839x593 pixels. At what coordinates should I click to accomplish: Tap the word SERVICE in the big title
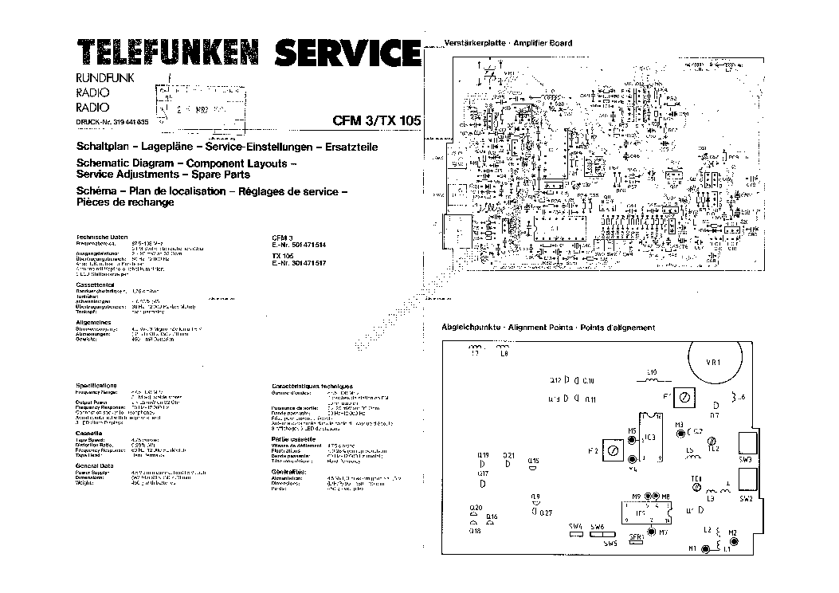pyautogui.click(x=348, y=53)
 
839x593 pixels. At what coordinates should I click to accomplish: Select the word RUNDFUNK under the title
pyautogui.click(x=104, y=77)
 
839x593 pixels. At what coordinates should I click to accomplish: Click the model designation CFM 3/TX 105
pyautogui.click(x=376, y=122)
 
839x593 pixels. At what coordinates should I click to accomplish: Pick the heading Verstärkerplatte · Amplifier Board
pyautogui.click(x=508, y=42)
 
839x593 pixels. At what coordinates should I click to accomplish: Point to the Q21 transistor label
pyautogui.click(x=509, y=455)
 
